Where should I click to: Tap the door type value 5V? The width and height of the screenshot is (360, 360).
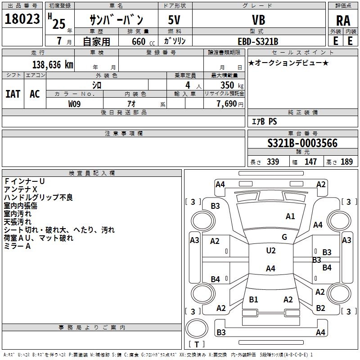tap(175, 20)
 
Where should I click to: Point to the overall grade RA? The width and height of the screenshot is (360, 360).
tap(343, 21)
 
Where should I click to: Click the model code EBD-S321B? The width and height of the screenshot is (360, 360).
tap(258, 41)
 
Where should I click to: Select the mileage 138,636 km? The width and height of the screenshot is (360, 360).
tap(53, 64)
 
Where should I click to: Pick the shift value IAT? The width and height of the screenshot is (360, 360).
tap(13, 94)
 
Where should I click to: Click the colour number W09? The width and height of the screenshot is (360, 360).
tap(75, 104)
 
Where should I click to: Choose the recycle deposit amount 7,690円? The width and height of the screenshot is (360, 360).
tap(229, 104)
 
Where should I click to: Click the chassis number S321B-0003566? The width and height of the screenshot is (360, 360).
tap(302, 144)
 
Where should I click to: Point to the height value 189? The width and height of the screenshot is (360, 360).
tap(346, 162)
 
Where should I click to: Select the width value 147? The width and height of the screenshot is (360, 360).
tap(310, 162)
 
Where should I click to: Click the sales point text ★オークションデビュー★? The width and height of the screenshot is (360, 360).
tap(288, 63)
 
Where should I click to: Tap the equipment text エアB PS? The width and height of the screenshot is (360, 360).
tap(264, 121)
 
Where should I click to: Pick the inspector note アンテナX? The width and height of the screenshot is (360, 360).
tap(21, 189)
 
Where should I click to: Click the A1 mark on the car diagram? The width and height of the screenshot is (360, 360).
tap(290, 216)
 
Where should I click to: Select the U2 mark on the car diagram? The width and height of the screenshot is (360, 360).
tap(270, 251)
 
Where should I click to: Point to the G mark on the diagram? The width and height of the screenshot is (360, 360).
tap(284, 237)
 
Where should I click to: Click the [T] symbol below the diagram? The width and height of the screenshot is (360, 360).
tap(196, 344)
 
